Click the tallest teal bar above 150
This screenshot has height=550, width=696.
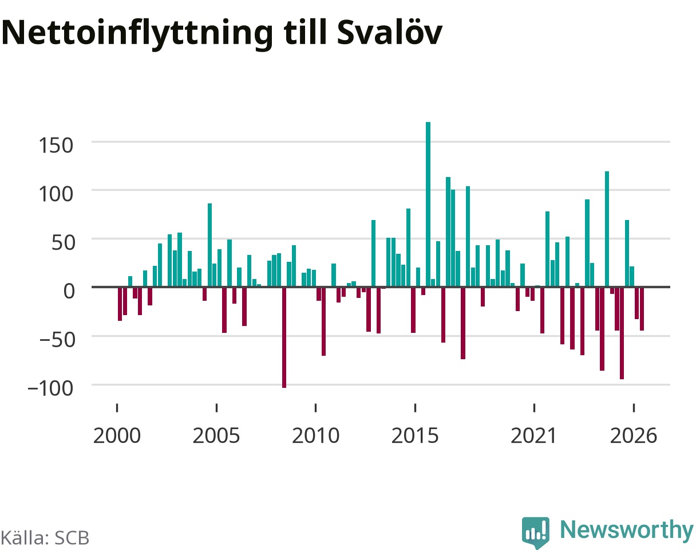pos(428,205)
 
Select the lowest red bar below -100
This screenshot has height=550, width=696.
pos(284,337)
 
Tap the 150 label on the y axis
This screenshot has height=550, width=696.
pos(56,146)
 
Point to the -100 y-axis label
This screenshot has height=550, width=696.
pos(50,388)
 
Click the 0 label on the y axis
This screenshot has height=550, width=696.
pos(69,291)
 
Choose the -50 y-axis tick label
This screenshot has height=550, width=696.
pos(57,340)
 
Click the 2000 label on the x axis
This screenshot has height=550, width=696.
pos(117,436)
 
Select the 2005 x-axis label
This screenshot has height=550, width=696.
pos(216,436)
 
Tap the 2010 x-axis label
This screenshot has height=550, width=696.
pos(315,436)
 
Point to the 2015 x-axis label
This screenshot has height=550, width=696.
pos(415,436)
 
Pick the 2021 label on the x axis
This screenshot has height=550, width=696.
pos(533,436)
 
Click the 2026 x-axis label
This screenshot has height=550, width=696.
pos(633,436)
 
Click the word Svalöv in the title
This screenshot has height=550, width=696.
pos(389,33)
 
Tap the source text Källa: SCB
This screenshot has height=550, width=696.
pos(45,538)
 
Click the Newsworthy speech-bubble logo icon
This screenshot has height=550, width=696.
pos(536,531)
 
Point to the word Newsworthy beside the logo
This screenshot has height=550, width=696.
pos(627,530)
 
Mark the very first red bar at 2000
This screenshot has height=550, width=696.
pos(120,304)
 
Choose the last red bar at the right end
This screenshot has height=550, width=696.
pos(642,309)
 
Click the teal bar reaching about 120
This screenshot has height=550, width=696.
pos(607,229)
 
